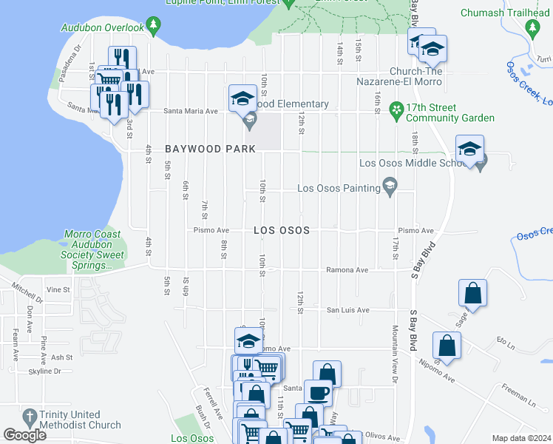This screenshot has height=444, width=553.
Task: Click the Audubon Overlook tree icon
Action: (x=153, y=27)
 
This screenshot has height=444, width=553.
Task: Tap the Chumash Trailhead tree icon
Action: (x=532, y=27)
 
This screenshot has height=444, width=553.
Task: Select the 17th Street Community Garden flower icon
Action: (x=396, y=110)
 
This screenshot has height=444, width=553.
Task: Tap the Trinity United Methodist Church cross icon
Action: (x=30, y=417)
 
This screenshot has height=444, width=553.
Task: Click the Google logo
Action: (x=25, y=435)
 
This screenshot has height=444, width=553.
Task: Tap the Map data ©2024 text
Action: (x=521, y=438)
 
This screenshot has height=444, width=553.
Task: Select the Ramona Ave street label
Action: (x=347, y=270)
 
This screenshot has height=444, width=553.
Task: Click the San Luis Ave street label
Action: (x=348, y=310)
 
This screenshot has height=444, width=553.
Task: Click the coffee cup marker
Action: (x=318, y=392)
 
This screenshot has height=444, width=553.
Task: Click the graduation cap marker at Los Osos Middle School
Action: (x=469, y=149)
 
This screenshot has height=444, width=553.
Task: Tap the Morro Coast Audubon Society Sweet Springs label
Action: (x=94, y=245)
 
